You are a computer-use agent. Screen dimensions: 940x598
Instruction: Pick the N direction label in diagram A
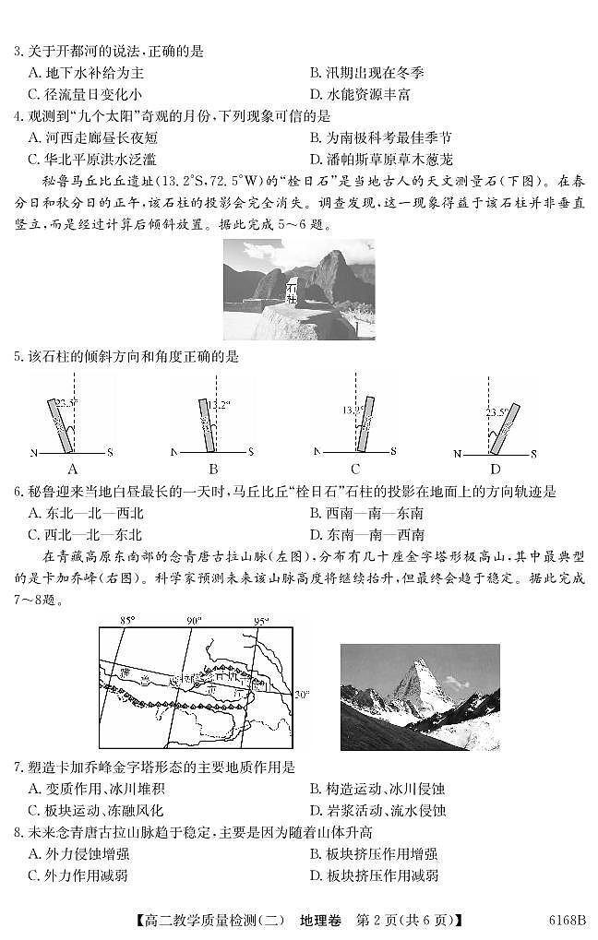[x=34, y=453]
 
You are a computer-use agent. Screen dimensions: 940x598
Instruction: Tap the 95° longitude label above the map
[x=262, y=621]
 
